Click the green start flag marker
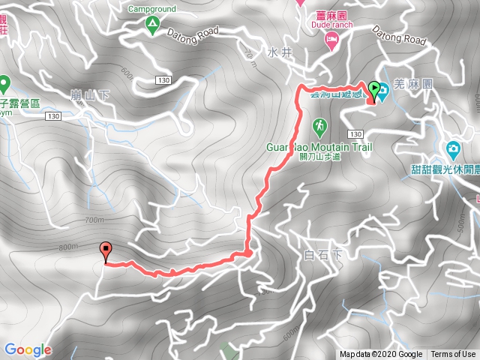373,88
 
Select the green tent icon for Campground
151,26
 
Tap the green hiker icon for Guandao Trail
319,125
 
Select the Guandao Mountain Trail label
319,148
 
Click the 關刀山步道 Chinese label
319,157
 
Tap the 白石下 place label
324,255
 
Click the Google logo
28,349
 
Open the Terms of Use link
452,355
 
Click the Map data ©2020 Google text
381,355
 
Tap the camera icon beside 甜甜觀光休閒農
453,148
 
